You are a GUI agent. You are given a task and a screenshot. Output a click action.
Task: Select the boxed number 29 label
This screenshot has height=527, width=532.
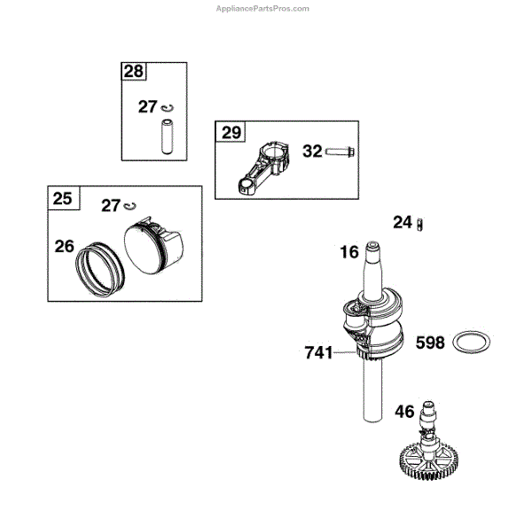click(x=231, y=134)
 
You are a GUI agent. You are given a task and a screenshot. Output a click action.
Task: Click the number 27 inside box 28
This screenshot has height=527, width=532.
click(x=148, y=106)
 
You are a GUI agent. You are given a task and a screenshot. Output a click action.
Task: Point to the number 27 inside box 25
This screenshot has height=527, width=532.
click(x=111, y=206)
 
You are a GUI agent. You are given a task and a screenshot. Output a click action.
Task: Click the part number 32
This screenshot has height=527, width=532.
click(x=313, y=151)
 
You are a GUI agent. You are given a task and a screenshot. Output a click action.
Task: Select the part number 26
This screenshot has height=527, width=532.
click(x=64, y=245)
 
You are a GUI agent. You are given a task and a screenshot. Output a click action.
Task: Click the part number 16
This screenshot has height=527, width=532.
click(x=349, y=252)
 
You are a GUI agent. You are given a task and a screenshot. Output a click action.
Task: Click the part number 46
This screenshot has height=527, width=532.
click(x=404, y=411)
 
